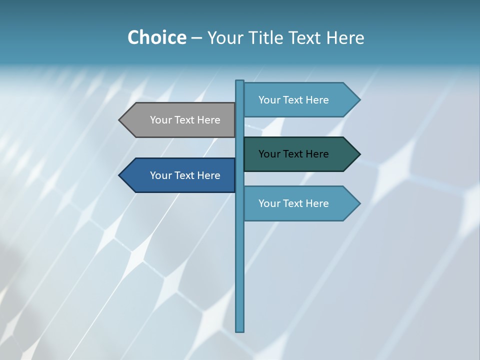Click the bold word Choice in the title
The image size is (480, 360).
click(156, 37)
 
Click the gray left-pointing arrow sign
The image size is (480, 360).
click(180, 120)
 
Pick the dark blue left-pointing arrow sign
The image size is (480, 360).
click(180, 175)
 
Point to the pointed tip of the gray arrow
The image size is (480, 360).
click(120, 120)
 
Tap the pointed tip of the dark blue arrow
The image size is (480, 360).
click(120, 175)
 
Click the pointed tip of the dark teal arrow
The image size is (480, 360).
click(359, 154)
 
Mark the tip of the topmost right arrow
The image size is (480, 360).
click(359, 100)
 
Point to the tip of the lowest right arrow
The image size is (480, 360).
click(359, 203)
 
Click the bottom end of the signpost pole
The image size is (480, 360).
click(240, 330)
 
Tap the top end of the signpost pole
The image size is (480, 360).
click(240, 81)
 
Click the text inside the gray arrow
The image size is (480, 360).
click(185, 120)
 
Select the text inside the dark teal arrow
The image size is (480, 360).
click(293, 154)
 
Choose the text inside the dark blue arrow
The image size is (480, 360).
click(185, 175)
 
